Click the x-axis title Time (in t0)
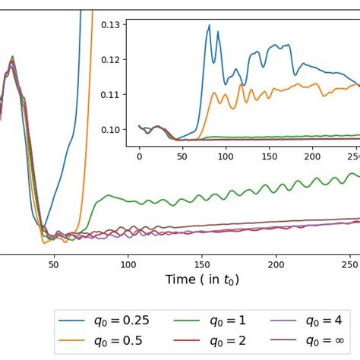pyautogui.click(x=201, y=279)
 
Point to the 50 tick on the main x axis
pyautogui.click(x=53, y=264)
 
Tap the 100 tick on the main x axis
pyautogui.click(x=128, y=264)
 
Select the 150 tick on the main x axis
pyautogui.click(x=202, y=264)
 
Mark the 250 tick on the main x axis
pyautogui.click(x=350, y=264)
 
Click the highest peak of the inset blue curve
pyautogui.click(x=209, y=25)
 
